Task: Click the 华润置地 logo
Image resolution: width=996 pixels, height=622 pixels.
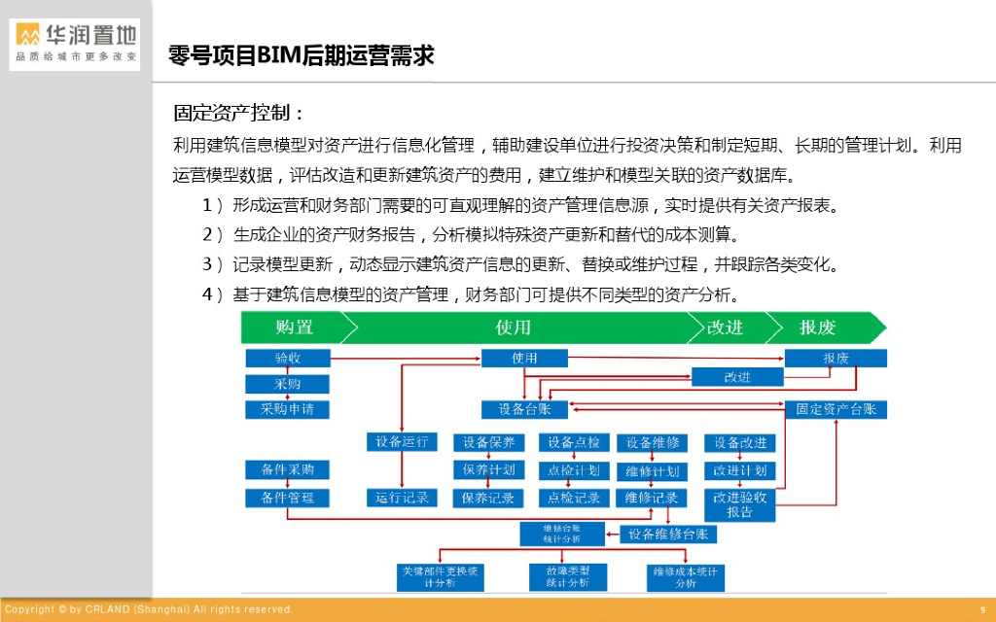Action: click(75, 44)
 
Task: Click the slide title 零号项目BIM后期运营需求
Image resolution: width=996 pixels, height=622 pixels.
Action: click(301, 55)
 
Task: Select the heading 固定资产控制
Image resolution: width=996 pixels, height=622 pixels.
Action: click(239, 113)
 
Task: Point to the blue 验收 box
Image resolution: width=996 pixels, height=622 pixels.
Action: click(288, 359)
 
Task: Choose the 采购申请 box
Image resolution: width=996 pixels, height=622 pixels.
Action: click(287, 409)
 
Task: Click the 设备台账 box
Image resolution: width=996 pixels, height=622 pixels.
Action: click(524, 409)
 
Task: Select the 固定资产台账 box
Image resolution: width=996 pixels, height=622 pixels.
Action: click(836, 409)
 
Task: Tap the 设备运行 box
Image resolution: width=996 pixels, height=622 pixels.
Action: click(402, 442)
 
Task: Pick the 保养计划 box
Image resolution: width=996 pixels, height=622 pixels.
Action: click(488, 470)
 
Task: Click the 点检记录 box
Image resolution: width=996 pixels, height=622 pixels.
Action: click(573, 498)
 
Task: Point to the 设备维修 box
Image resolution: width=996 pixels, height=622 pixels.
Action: click(652, 443)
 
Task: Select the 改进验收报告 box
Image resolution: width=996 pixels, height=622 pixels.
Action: click(739, 504)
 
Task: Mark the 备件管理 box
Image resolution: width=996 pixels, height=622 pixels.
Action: click(287, 498)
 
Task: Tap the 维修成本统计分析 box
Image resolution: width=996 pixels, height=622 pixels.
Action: click(685, 577)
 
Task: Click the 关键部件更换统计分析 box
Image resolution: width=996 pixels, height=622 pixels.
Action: click(440, 576)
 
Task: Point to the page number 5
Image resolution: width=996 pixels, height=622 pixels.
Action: click(982, 609)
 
